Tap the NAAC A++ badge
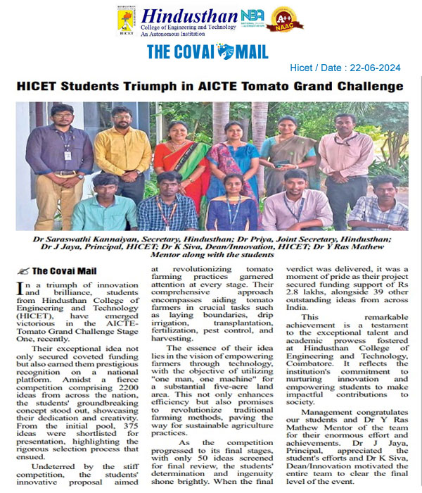click(x=288, y=18)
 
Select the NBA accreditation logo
click(x=252, y=16)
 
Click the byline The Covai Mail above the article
click(x=68, y=270)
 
